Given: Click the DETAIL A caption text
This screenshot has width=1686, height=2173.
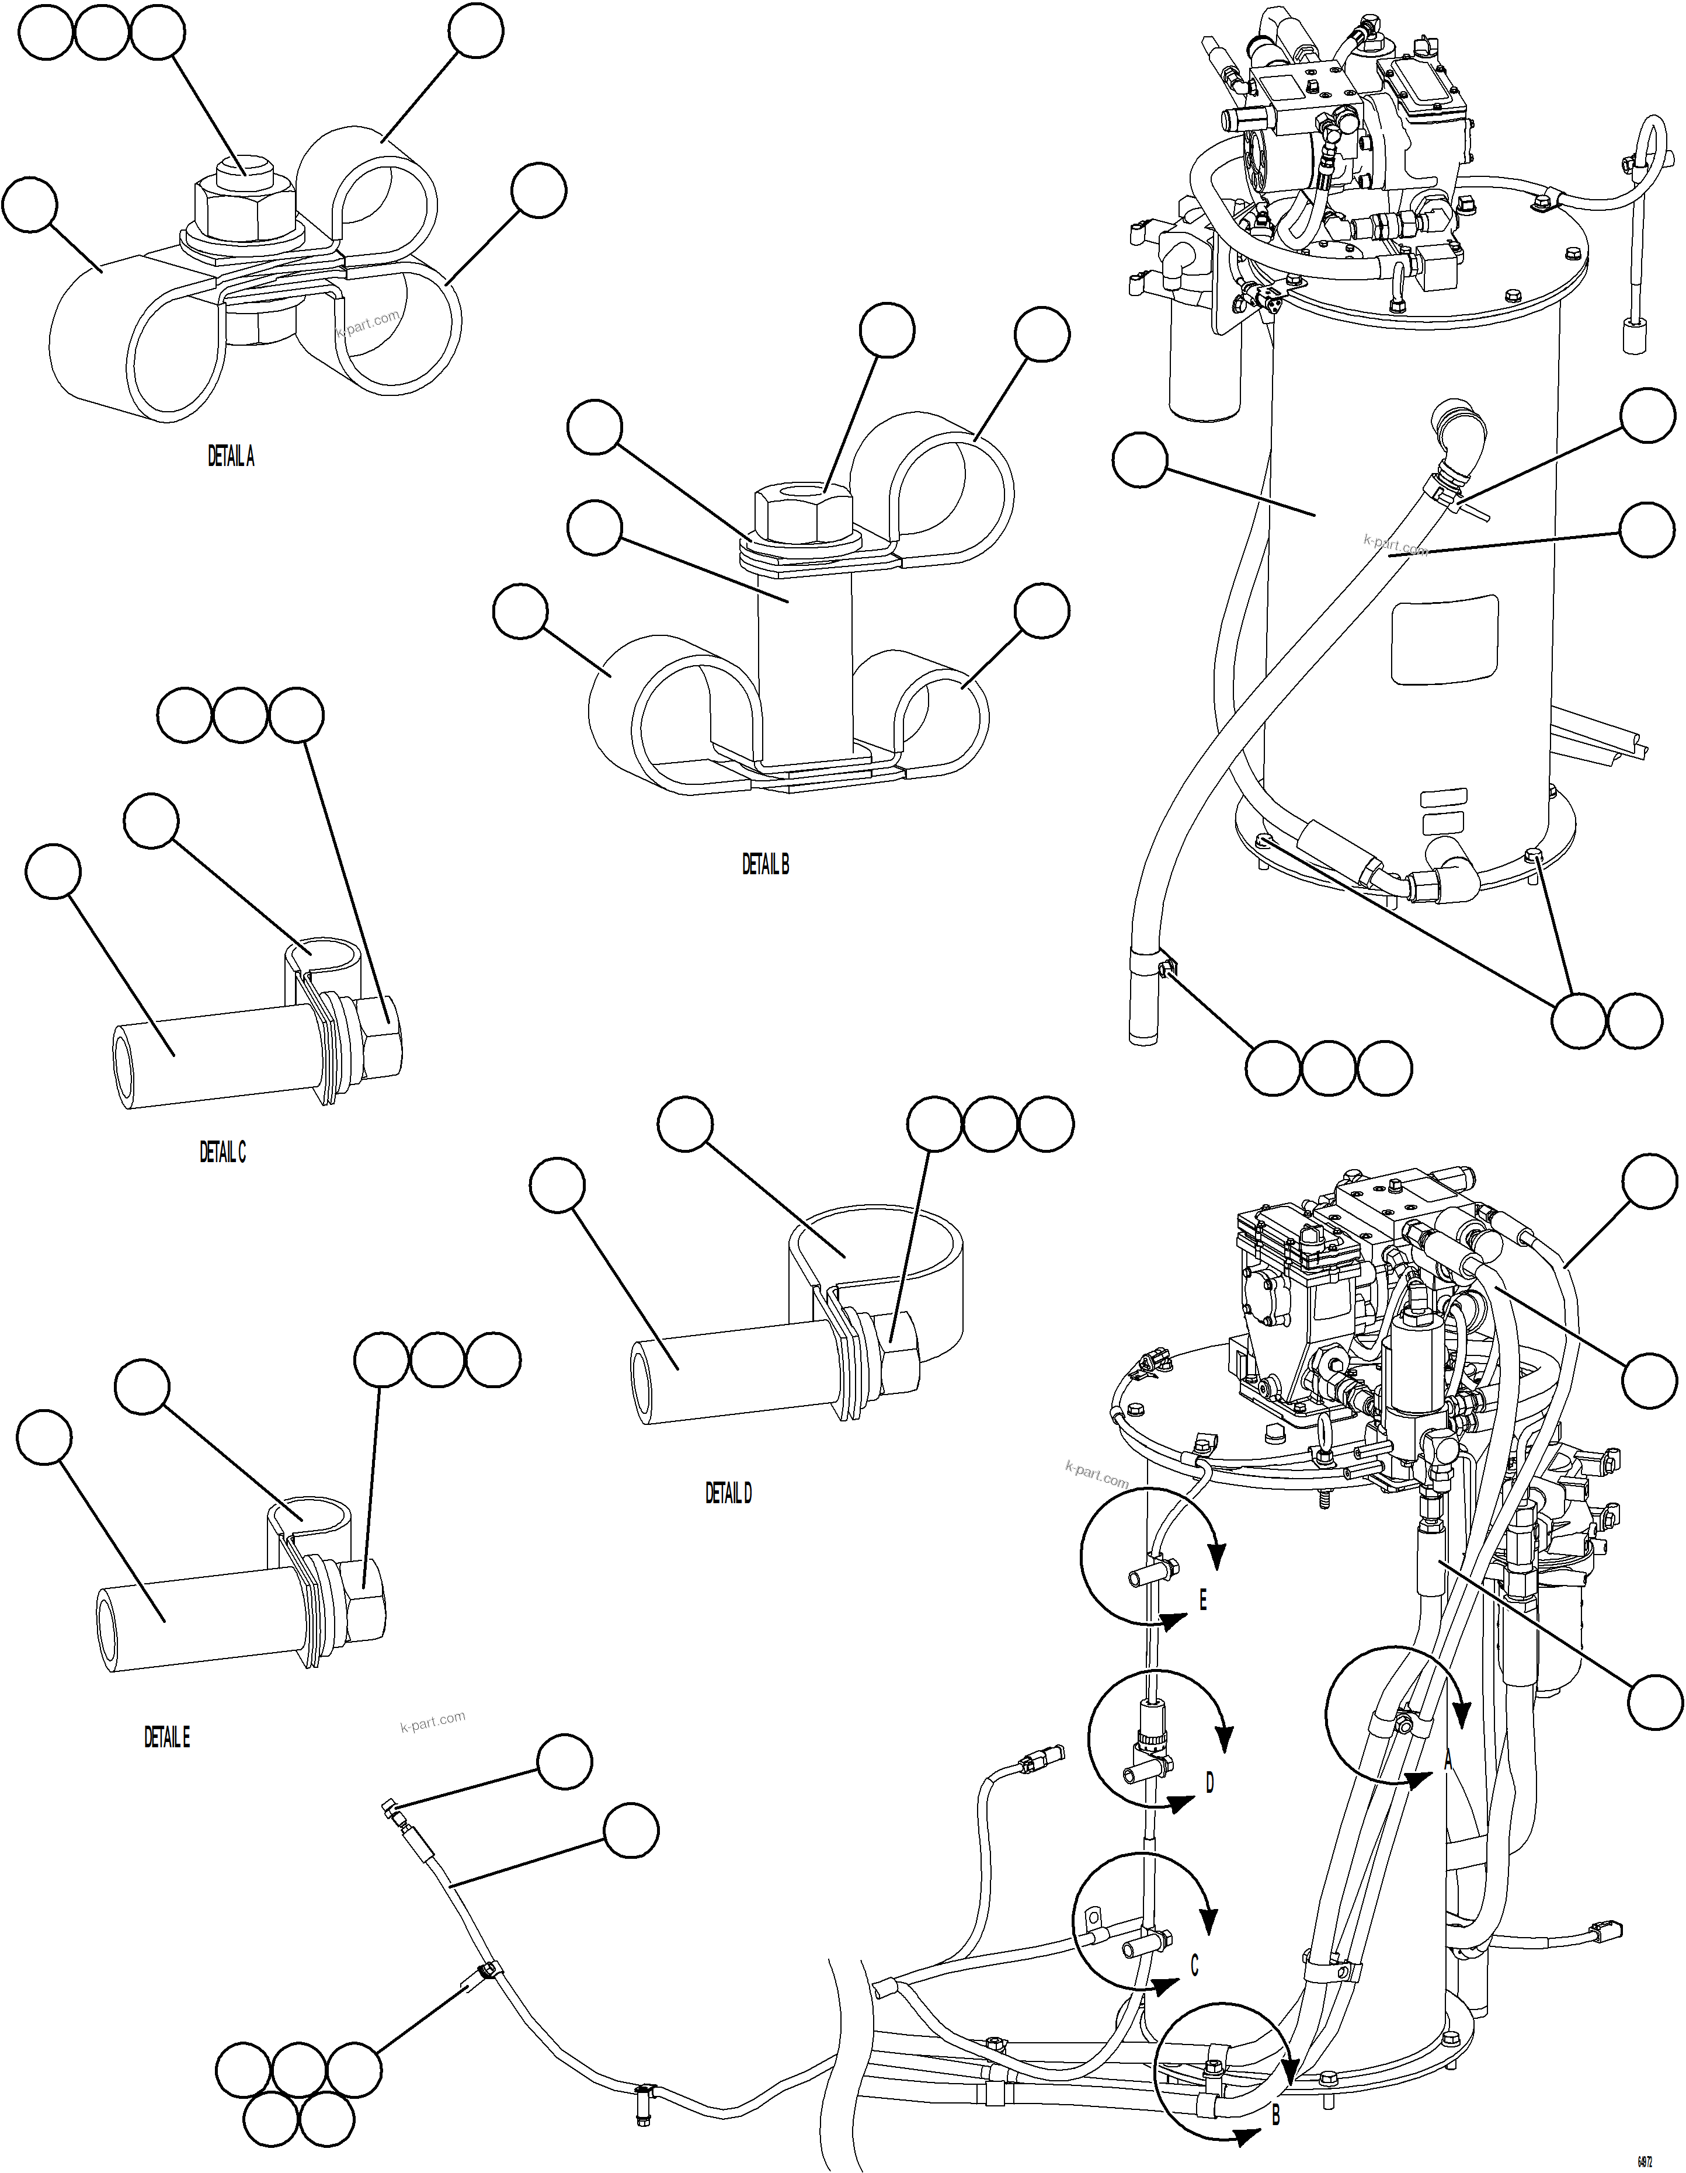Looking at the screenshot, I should (x=231, y=457).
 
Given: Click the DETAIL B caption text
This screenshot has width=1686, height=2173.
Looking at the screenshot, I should (x=766, y=865).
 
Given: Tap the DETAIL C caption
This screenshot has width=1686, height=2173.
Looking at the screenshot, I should (x=223, y=1152).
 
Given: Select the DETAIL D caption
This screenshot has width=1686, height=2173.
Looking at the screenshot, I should (x=729, y=1493).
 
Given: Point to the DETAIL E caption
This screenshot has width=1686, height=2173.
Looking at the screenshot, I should (x=167, y=1738).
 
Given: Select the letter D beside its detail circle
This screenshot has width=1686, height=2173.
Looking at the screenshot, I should (x=1209, y=1783).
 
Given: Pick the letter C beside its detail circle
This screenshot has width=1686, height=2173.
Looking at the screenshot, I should (x=1194, y=1966).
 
